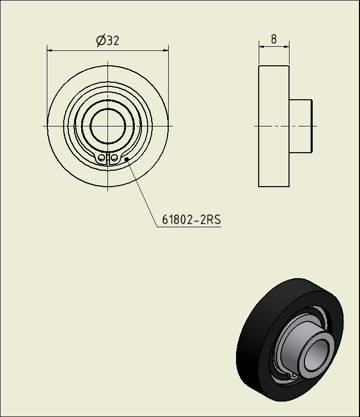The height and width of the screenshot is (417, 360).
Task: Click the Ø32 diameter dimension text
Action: point(108,41)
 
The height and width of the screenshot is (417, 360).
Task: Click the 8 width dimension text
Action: point(274,39)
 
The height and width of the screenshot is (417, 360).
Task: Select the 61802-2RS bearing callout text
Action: point(192,220)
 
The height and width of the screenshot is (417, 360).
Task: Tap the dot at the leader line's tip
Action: point(127,159)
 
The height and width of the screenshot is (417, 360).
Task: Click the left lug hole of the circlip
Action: point(101,157)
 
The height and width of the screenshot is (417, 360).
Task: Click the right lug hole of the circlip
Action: point(114,157)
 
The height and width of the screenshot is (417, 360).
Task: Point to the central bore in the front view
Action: point(107,126)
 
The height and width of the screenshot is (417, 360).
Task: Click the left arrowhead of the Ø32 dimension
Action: point(50,50)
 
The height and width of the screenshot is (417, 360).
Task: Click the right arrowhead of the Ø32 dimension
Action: point(165,50)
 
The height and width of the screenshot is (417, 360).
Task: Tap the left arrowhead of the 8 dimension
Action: point(262,47)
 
